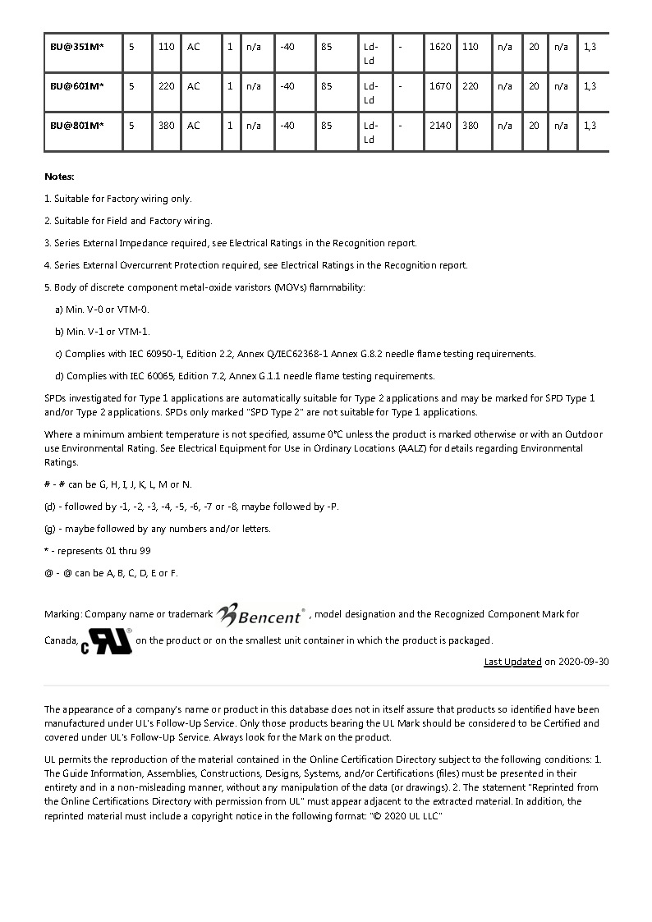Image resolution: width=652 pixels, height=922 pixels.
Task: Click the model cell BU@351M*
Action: click(x=76, y=47)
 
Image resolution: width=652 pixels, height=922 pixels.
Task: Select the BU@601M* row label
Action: click(x=76, y=86)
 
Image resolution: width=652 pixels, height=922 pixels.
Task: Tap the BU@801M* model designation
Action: click(x=76, y=126)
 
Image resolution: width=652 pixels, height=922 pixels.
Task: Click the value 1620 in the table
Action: click(x=440, y=47)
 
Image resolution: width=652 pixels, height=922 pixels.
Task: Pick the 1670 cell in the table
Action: click(x=440, y=86)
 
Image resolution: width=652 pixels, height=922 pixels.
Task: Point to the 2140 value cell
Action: click(x=440, y=126)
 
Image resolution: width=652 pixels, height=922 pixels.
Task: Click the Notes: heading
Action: click(x=59, y=177)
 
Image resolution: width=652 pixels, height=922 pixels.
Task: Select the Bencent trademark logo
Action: click(x=261, y=613)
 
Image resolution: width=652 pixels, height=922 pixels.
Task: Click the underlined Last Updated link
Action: click(x=512, y=662)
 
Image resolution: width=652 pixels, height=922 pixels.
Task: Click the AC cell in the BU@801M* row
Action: click(x=194, y=126)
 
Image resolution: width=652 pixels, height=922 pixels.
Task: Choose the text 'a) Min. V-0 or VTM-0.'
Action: click(x=102, y=310)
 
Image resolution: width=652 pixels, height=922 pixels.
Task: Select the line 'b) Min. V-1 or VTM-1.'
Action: click(x=102, y=332)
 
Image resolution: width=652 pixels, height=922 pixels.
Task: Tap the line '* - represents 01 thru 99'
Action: click(x=97, y=551)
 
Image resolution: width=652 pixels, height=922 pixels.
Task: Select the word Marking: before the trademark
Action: click(x=63, y=614)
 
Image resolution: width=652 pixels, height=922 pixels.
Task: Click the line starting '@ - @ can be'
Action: click(x=110, y=573)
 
